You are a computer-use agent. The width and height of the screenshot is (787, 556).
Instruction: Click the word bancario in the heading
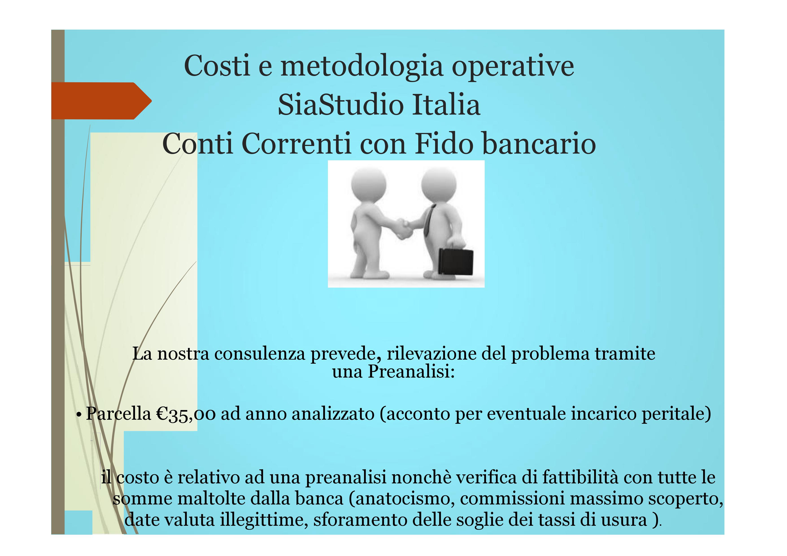tap(539, 143)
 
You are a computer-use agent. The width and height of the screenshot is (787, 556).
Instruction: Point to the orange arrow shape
tap(101, 101)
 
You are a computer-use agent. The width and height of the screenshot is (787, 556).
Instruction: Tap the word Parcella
tap(118, 413)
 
